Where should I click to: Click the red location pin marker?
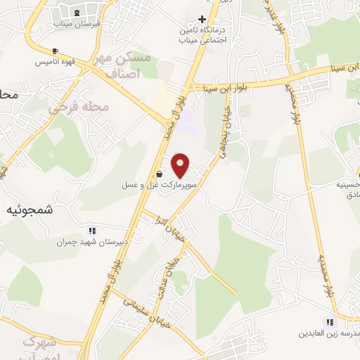181,165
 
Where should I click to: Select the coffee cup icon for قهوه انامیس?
56,51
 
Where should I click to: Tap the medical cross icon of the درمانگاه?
202,19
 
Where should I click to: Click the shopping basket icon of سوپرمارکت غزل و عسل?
160,174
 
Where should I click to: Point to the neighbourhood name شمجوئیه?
30,210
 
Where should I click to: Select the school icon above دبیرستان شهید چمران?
91,231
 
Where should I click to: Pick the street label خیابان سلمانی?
137,309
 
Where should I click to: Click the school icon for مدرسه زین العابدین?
330,322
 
